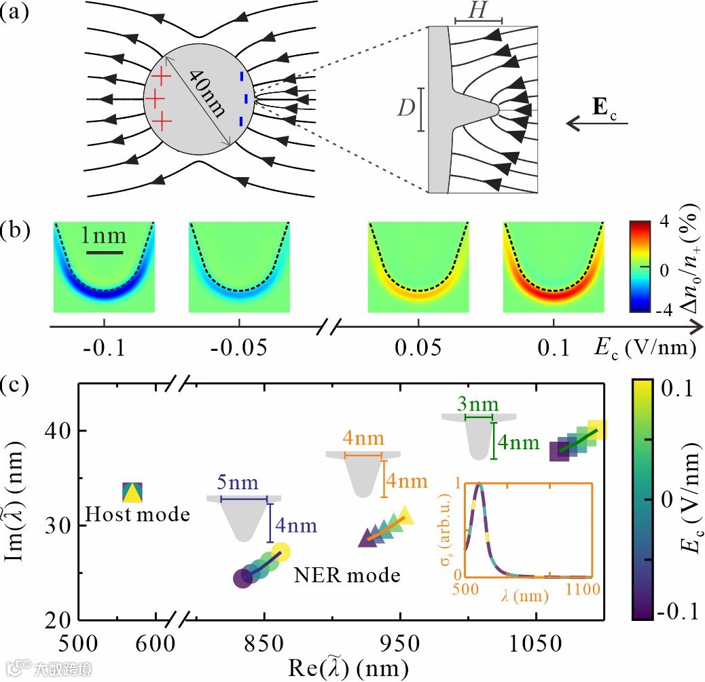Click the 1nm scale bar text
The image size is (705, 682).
pyautogui.click(x=103, y=237)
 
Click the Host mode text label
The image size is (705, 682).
pyautogui.click(x=137, y=514)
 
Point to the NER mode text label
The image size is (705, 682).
pyautogui.click(x=346, y=575)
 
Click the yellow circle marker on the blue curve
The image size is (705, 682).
pyautogui.click(x=281, y=552)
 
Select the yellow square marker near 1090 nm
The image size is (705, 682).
pyautogui.click(x=597, y=430)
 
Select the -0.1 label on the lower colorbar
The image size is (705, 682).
pyautogui.click(x=673, y=610)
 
